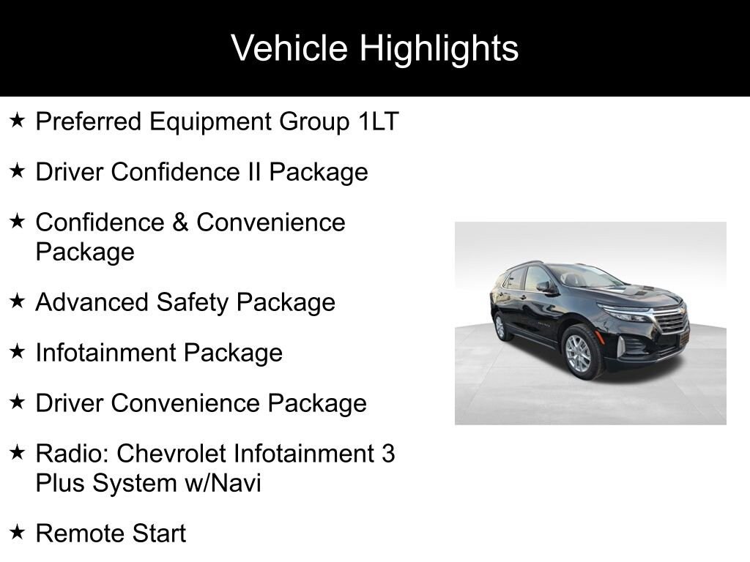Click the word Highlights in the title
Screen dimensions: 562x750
439,49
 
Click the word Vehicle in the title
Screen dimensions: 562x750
289,49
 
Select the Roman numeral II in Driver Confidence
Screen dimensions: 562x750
251,172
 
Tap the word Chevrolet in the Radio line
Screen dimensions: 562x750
172,454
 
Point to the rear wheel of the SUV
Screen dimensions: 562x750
502,326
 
